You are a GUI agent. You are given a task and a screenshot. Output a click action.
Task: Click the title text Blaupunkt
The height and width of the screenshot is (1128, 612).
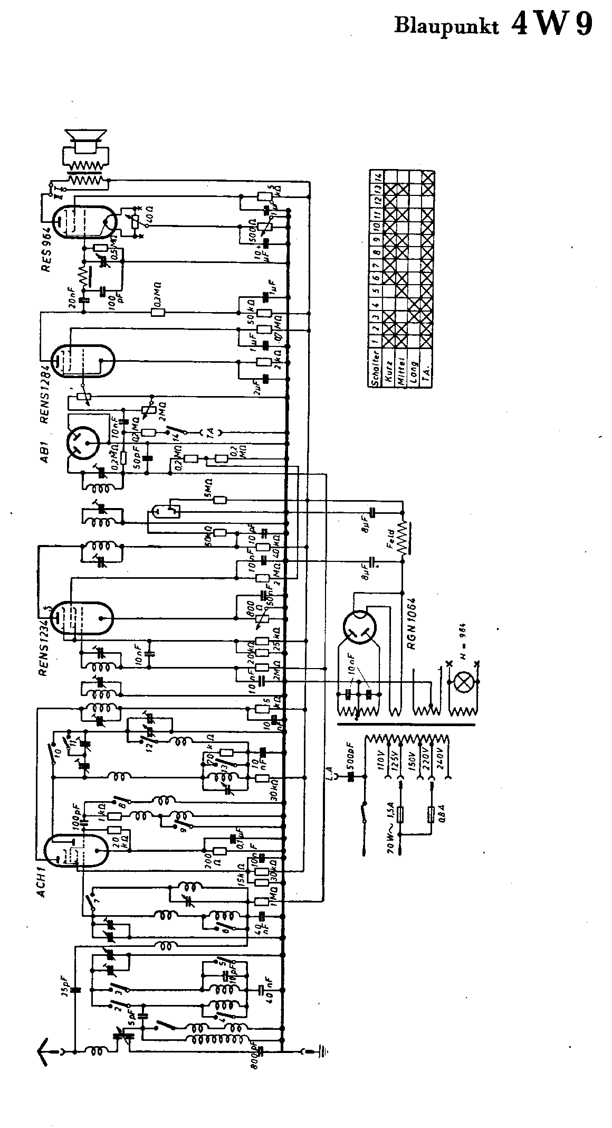pos(446,27)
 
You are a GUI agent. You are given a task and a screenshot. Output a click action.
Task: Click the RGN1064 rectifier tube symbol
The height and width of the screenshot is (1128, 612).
pos(361,628)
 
